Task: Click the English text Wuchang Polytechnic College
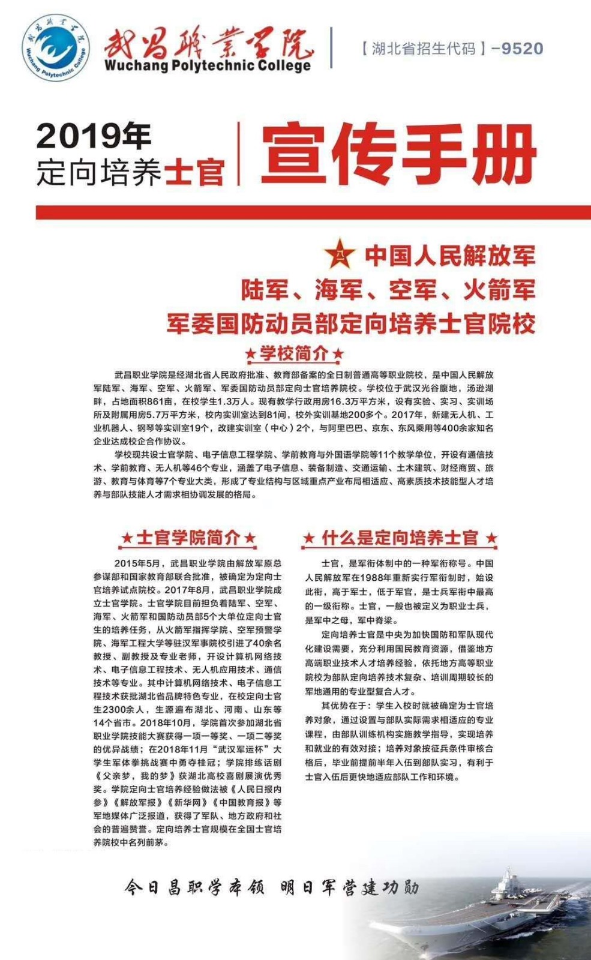click(208, 66)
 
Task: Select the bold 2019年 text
click(94, 136)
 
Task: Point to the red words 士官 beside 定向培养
click(195, 173)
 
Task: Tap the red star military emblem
click(340, 254)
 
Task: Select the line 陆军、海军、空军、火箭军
click(388, 290)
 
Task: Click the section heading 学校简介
click(294, 353)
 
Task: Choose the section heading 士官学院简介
click(188, 538)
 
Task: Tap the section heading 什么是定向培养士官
click(400, 538)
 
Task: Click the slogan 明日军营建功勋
click(349, 887)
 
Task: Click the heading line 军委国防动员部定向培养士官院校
click(351, 324)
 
